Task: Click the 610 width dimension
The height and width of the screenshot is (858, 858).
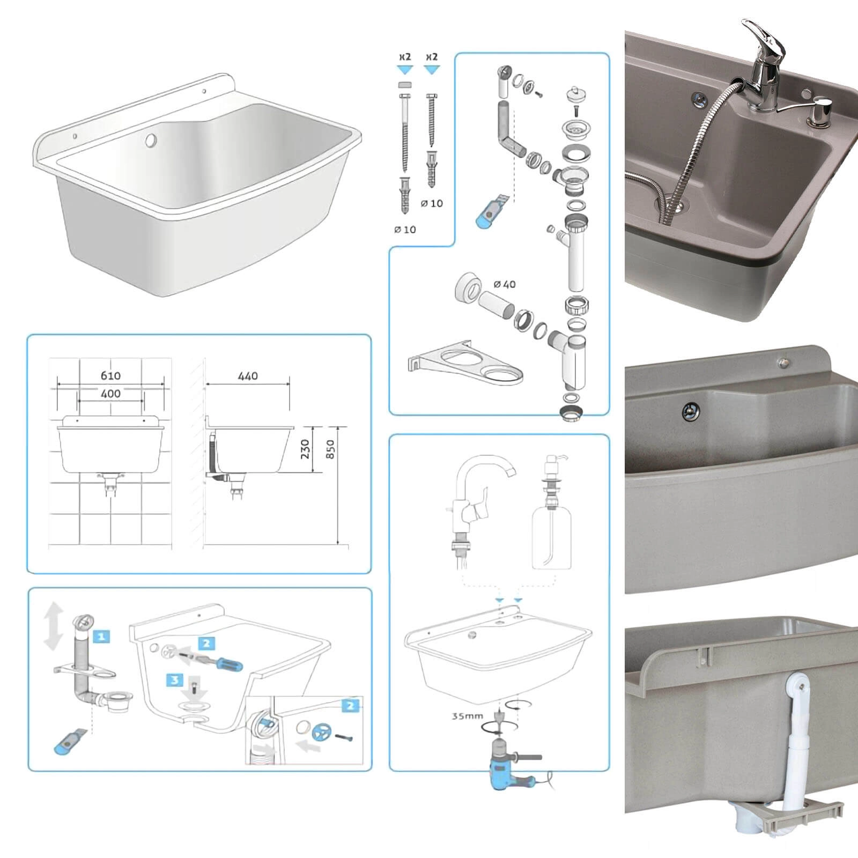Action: [x=110, y=375]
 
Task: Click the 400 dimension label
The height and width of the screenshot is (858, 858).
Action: [x=110, y=394]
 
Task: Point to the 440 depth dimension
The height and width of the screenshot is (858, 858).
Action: [x=248, y=376]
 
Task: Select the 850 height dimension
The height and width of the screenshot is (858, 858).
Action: [x=330, y=449]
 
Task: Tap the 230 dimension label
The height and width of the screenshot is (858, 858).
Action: [x=305, y=449]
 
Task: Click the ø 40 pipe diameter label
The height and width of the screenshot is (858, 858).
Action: [x=505, y=284]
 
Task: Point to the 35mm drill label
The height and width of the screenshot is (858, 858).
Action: [x=467, y=715]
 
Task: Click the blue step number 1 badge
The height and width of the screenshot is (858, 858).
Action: [x=101, y=637]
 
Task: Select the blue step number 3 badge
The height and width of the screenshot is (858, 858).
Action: [x=175, y=681]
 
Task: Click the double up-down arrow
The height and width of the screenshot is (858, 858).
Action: [x=54, y=626]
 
